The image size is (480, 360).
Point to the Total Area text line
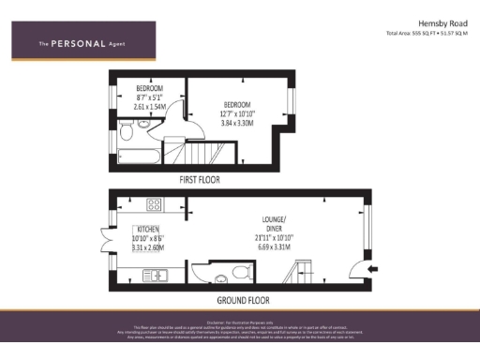pos(427,34)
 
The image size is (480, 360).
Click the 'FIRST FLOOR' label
pos(200,178)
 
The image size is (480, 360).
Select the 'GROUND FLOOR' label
pos(243,300)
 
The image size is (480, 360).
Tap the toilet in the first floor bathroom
pos(125,135)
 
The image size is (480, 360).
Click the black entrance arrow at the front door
pos(372,272)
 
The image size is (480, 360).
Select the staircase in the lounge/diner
pos(305,273)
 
